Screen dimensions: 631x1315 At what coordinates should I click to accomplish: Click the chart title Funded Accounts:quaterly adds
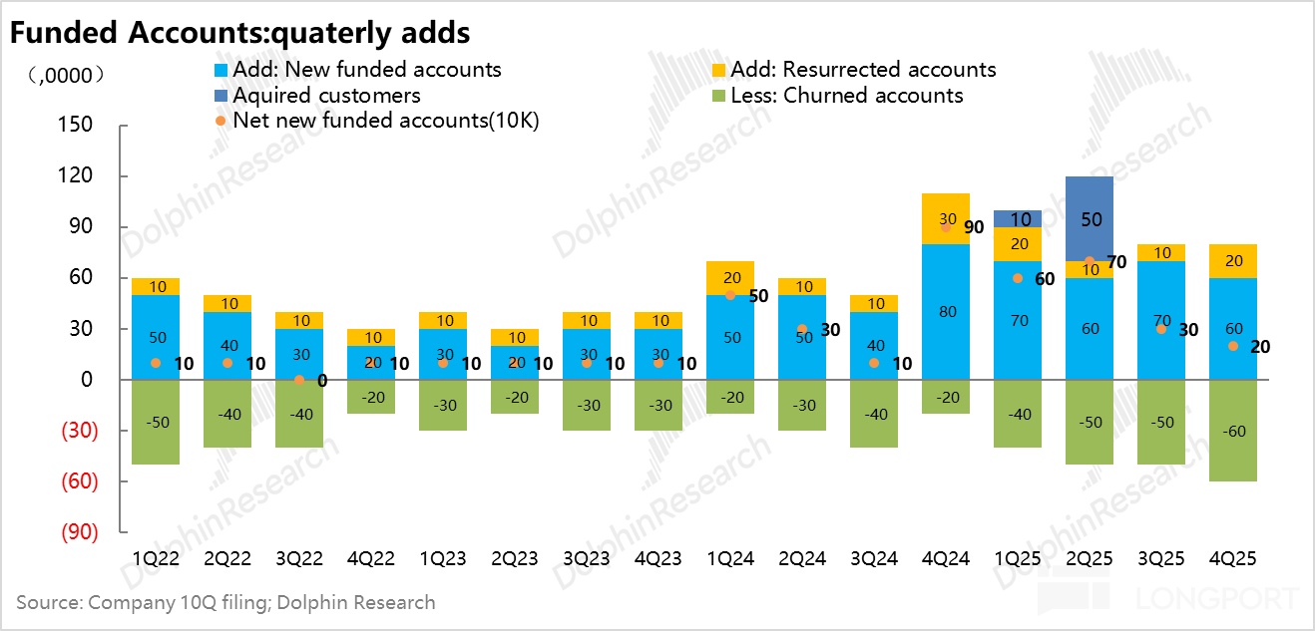click(239, 32)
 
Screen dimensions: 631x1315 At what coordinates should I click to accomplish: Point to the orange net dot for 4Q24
click(946, 227)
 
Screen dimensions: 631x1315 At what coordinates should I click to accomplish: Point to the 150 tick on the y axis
click(77, 126)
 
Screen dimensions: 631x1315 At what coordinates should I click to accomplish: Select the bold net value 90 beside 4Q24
click(973, 227)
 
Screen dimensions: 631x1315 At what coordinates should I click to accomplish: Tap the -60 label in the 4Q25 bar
click(1233, 431)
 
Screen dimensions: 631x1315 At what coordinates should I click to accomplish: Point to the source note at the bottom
click(225, 602)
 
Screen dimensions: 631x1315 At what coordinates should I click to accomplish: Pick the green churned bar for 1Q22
click(156, 422)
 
